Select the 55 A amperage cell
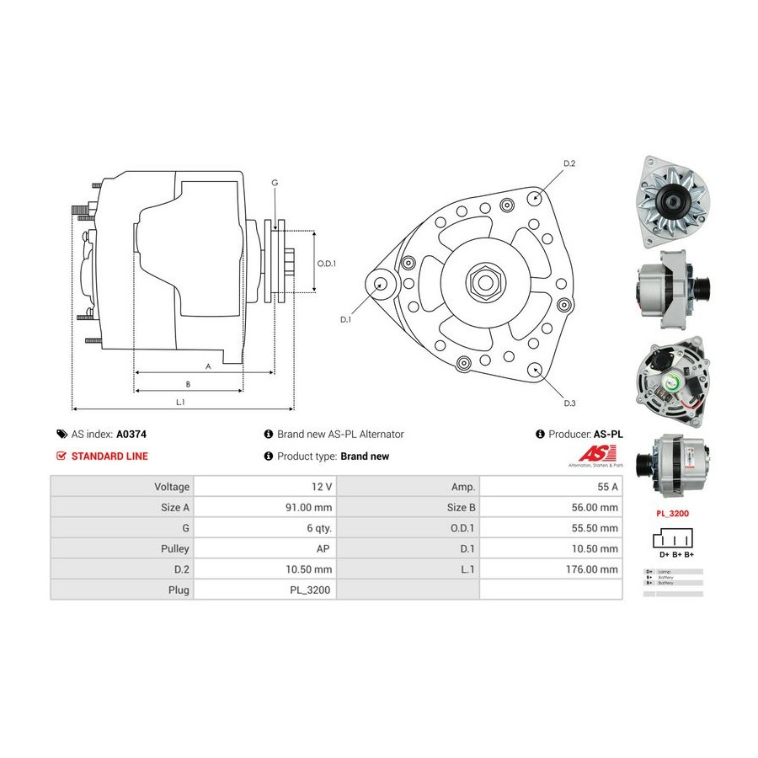click(x=605, y=487)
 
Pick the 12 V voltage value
click(x=323, y=487)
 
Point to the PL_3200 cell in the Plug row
click(x=311, y=590)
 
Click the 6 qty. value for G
click(x=318, y=528)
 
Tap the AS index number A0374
click(x=131, y=435)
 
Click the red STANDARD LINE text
click(x=109, y=456)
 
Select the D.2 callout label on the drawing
click(x=568, y=163)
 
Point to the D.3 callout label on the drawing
click(x=569, y=403)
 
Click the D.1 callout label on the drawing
click(x=345, y=320)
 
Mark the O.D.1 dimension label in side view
click(x=327, y=264)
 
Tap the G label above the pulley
click(x=274, y=183)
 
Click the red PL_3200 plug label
click(x=672, y=512)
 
